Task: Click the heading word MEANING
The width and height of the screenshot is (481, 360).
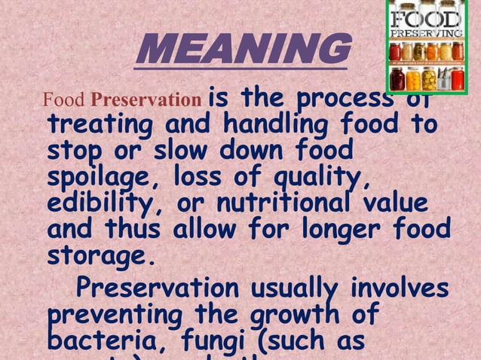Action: (244, 51)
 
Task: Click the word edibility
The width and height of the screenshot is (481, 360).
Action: (105, 204)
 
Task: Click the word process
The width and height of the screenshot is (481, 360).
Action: (347, 99)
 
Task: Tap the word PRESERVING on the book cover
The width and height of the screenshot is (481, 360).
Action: (426, 35)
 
